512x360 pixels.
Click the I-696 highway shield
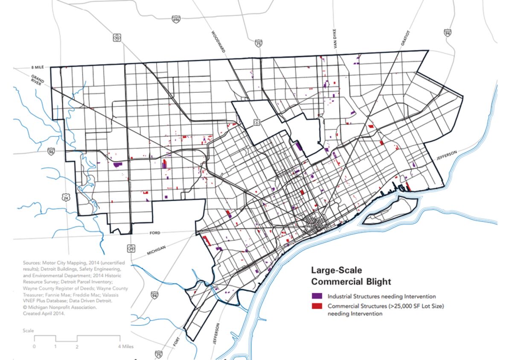[176, 19]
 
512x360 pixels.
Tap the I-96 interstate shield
[51, 151]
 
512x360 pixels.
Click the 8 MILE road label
[38, 67]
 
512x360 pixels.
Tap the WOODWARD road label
[218, 42]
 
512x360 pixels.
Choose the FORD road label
[155, 233]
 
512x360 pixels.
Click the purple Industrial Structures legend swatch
[317, 296]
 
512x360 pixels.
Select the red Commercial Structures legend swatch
[317, 306]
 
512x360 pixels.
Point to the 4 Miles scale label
[126, 346]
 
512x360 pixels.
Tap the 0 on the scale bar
[34, 346]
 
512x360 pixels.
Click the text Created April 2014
[44, 313]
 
